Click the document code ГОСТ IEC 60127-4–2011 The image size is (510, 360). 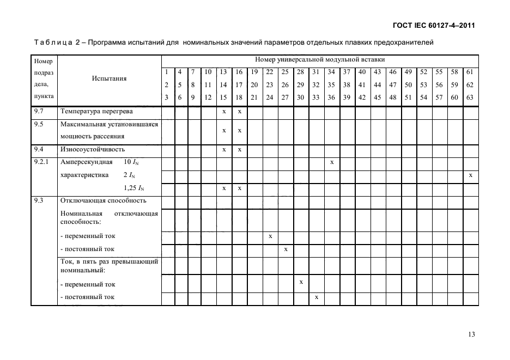tap(433, 26)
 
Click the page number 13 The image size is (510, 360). tap(471, 334)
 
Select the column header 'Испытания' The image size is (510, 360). tap(109, 78)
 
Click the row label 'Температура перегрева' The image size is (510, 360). tap(96, 112)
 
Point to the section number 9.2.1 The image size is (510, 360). tap(41, 162)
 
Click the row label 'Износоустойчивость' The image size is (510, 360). tap(93, 149)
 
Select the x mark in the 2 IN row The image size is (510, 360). tap(470, 175)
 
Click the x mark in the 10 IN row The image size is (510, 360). tap(332, 162)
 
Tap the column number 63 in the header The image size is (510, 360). tap(470, 97)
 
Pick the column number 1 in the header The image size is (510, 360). tap(166, 72)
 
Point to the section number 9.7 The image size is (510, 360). tap(38, 112)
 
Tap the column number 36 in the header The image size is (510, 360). tap(331, 97)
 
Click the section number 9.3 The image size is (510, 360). tap(38, 200)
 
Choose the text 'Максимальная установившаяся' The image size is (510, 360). tap(109, 125)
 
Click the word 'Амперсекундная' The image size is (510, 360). tap(87, 162)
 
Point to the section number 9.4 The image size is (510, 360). tap(38, 149)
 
